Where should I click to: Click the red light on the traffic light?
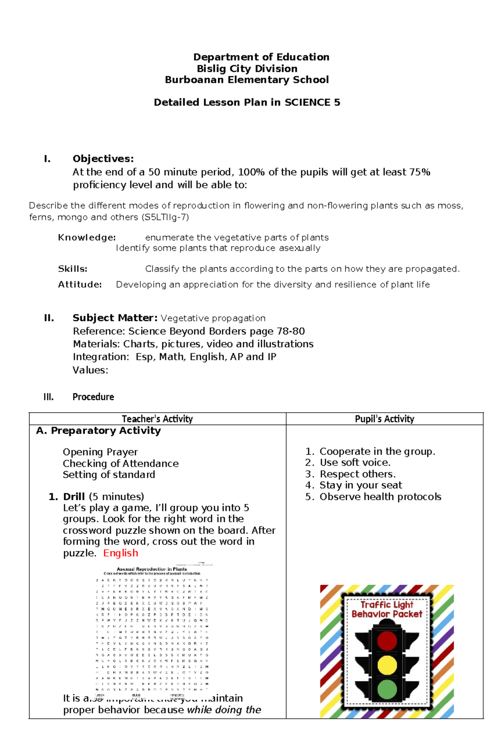click(x=387, y=641)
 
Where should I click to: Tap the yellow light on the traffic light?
click(x=387, y=664)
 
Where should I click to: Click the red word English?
click(x=121, y=553)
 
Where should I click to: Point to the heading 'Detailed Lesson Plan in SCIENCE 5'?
click(x=247, y=102)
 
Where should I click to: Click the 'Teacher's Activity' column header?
click(x=157, y=419)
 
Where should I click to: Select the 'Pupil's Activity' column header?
click(x=384, y=419)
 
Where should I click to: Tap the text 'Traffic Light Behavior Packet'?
click(x=387, y=609)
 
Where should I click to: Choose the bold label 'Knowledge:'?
click(x=87, y=237)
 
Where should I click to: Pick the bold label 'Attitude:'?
click(x=80, y=284)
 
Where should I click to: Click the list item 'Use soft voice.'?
click(x=355, y=462)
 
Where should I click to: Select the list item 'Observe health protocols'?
click(x=380, y=497)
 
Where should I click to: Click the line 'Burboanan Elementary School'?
click(x=247, y=80)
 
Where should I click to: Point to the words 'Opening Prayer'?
click(x=100, y=452)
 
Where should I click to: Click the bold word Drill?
click(x=74, y=497)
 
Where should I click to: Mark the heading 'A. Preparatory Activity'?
click(x=98, y=431)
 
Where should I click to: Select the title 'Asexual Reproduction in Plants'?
click(x=151, y=569)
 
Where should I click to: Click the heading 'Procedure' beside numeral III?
click(x=93, y=397)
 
